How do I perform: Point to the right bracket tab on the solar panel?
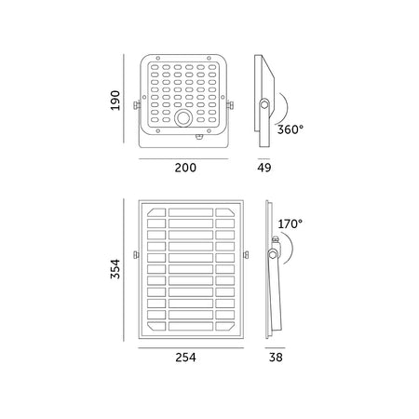[x=247, y=254]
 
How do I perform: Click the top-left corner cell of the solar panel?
[x=154, y=214]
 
